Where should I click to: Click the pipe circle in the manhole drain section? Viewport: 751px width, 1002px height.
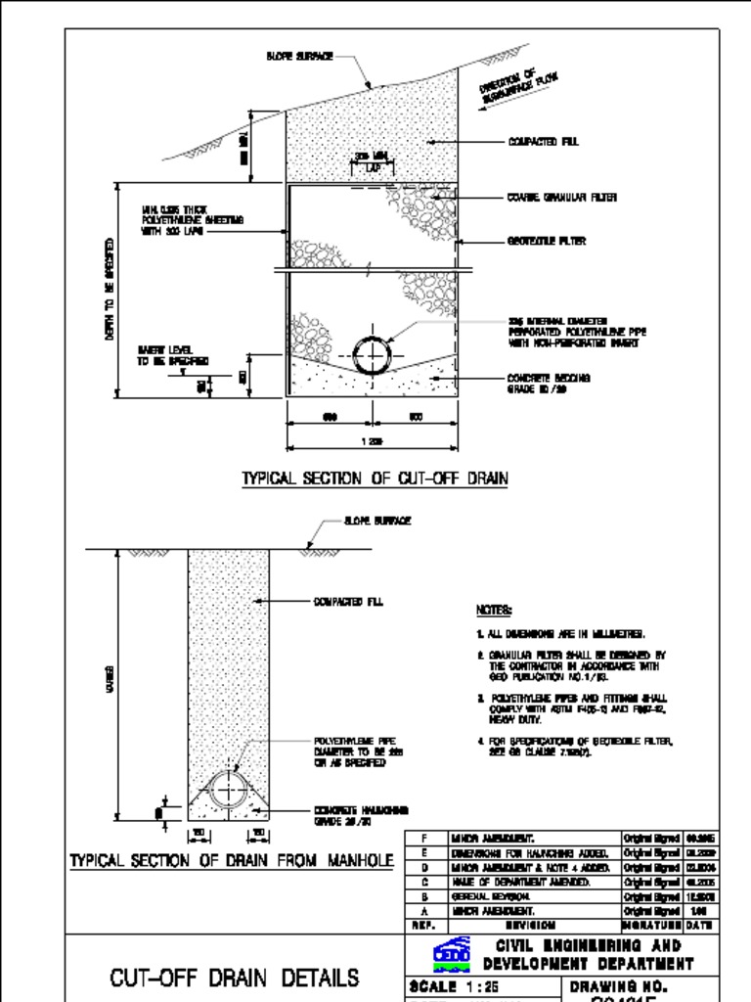coord(229,790)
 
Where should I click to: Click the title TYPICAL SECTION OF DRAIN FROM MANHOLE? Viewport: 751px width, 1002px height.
coord(231,861)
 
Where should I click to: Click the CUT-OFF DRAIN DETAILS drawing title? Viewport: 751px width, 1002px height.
coord(234,978)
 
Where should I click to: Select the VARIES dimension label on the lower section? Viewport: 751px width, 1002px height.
coord(110,675)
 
